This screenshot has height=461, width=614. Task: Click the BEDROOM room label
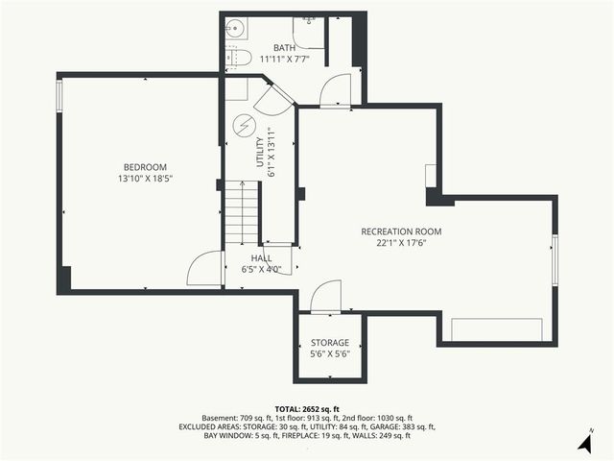coord(145,166)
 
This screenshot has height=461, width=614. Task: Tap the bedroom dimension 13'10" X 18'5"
coord(145,179)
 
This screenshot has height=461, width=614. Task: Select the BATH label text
coord(284,48)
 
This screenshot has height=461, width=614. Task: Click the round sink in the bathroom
coord(233,29)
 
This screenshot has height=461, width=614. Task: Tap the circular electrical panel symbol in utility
coord(244,126)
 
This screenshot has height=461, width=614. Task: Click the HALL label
coord(261,258)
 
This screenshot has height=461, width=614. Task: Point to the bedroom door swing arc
coord(204,269)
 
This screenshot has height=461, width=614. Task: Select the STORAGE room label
coord(329,343)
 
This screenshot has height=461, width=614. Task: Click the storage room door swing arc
coord(327,295)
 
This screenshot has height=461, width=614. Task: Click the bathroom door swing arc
coord(336,90)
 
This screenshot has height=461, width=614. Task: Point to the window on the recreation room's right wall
coord(555,258)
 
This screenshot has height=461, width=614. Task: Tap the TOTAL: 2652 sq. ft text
coord(306,408)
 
